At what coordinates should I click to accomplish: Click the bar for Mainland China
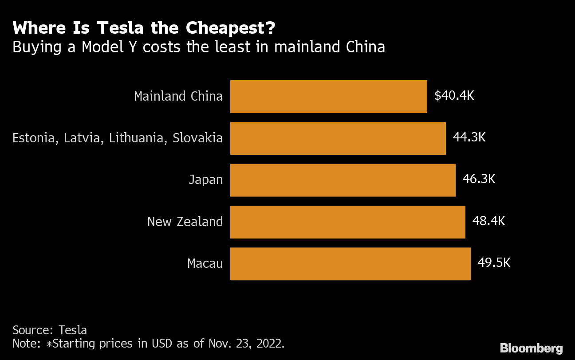click(328, 97)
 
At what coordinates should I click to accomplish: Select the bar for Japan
click(343, 180)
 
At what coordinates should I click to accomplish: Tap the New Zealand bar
click(347, 222)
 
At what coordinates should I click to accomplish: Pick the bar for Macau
click(350, 264)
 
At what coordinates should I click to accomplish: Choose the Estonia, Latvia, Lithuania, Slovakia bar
click(338, 138)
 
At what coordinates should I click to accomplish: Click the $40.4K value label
click(454, 96)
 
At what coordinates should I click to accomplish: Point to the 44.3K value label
click(469, 137)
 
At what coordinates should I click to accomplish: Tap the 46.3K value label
click(479, 179)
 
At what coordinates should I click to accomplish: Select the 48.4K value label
click(488, 221)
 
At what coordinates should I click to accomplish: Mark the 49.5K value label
click(494, 263)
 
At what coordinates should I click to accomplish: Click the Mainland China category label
click(178, 97)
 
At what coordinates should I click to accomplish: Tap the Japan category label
click(205, 180)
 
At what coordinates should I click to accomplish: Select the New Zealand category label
click(185, 222)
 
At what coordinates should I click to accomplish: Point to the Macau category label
click(205, 264)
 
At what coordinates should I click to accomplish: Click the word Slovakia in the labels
click(197, 138)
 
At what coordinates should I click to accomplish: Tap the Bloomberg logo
click(531, 348)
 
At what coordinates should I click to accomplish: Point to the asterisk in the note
click(50, 344)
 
